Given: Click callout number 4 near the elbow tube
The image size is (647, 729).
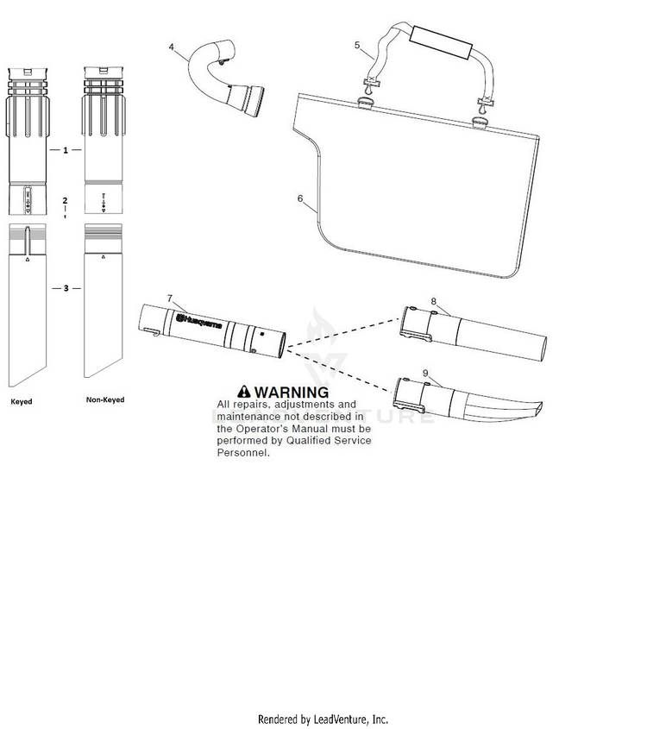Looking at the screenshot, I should point(171,47).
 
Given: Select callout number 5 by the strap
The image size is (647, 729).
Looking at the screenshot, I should point(357,44).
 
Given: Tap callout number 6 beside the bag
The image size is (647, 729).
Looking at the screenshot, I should point(300,198).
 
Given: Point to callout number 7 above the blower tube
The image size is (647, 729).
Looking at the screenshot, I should point(169,299).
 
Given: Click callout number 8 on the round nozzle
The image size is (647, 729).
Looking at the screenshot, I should point(433,302).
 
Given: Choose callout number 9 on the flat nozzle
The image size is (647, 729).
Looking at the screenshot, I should point(425,373).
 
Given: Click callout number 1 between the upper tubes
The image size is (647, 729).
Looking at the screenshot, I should point(66,150).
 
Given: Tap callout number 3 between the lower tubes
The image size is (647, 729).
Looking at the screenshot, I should point(66,288).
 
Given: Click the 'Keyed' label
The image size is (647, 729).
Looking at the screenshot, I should point(22,402).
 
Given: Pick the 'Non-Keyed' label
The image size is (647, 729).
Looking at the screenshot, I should point(105,400).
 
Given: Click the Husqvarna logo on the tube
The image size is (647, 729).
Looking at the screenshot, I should point(199,324).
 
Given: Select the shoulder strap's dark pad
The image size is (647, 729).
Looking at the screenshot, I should point(437,37).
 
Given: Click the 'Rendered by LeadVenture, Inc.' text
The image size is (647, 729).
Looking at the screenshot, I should point(323,719).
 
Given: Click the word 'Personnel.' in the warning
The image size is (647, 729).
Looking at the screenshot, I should point(243,453).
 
